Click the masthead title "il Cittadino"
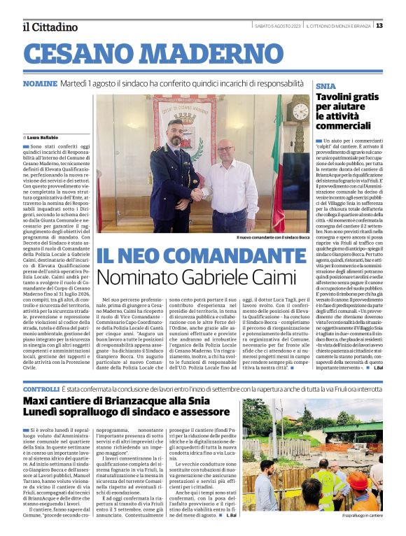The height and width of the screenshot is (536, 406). [50, 27]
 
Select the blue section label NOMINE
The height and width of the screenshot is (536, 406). [40, 83]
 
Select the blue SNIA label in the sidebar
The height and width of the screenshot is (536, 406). [325, 85]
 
